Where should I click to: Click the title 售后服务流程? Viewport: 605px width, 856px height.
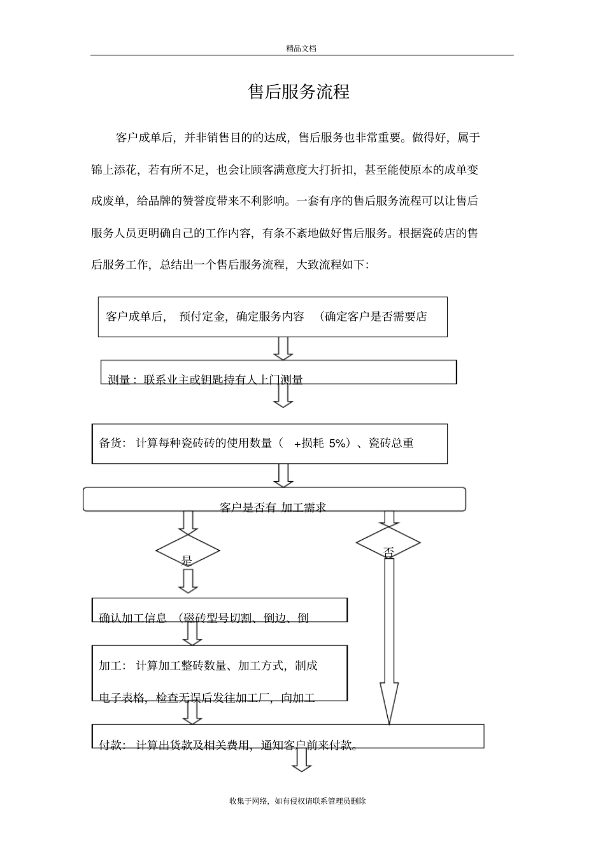[299, 92]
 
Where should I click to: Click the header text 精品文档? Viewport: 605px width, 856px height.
[301, 48]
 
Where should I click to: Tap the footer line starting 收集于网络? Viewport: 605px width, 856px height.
[297, 801]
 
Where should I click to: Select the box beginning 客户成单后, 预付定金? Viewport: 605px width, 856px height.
[273, 316]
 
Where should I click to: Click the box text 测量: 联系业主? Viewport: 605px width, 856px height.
[205, 380]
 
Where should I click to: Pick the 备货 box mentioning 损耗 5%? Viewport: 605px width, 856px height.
[269, 443]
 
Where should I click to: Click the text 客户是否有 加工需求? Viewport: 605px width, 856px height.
[273, 507]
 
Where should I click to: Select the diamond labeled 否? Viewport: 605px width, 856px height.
[388, 544]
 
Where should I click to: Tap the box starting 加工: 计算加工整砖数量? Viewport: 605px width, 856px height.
[219, 673]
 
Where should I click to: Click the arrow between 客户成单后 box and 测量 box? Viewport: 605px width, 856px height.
[283, 348]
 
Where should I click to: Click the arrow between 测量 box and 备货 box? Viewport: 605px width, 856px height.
[283, 395]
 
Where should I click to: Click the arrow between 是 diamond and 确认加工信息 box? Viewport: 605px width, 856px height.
[187, 580]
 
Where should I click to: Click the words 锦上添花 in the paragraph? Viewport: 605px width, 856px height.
[115, 170]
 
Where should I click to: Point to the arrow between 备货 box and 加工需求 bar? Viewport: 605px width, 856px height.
[283, 475]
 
